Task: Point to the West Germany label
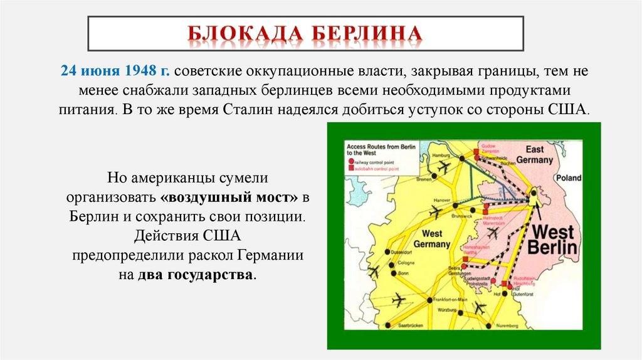428,238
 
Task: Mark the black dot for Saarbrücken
388,326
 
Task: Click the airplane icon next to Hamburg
445,167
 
